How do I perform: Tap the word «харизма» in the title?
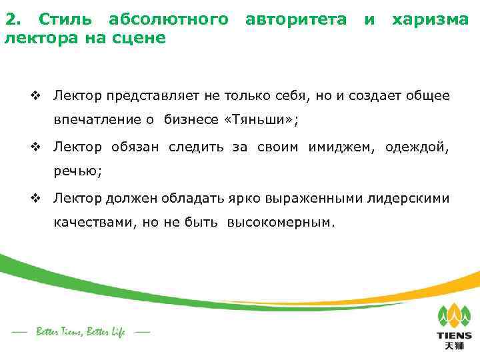coord(431,20)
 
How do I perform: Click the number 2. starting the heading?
coord(13,20)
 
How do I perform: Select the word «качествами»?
coord(94,223)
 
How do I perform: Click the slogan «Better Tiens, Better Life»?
coord(81,331)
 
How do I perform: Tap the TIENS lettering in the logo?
coord(454,335)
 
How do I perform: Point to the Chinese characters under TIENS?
coord(454,347)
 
